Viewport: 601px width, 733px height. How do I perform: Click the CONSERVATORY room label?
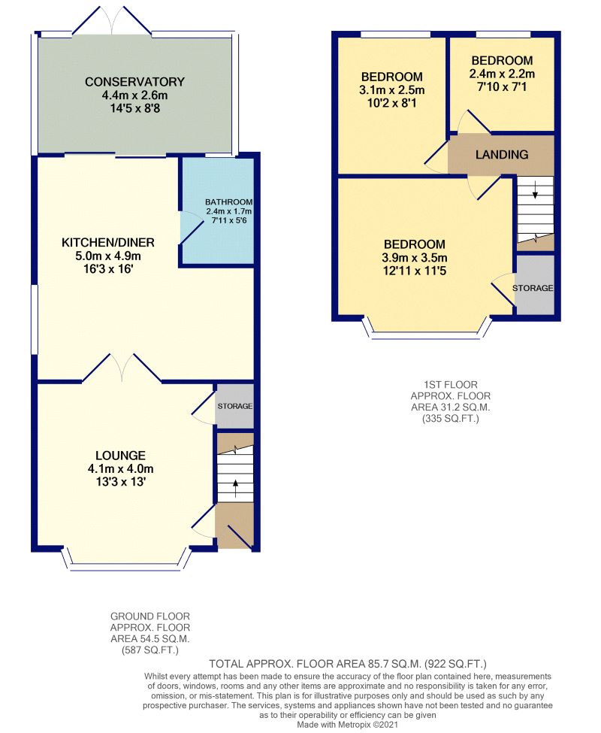tap(134, 82)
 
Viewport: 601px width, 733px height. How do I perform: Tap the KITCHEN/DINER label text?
tap(108, 243)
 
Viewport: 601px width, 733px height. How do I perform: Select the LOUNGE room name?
tap(120, 456)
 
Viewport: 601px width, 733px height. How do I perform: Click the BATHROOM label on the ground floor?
tap(229, 202)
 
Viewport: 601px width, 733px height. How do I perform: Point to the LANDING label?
tap(502, 155)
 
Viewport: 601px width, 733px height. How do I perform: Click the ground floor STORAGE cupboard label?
tap(235, 406)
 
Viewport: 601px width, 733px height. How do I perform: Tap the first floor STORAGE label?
tap(533, 288)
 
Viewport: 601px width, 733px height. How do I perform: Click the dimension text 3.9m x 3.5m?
tap(415, 258)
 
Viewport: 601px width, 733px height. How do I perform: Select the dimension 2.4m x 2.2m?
tap(502, 74)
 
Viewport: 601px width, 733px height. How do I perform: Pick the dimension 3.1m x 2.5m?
tap(392, 89)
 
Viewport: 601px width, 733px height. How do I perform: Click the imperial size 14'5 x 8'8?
tap(134, 108)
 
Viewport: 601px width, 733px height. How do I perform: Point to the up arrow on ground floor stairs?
tap(235, 489)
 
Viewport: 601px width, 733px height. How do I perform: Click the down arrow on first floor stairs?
tap(535, 189)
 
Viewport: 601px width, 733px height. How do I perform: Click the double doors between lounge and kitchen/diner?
tap(122, 369)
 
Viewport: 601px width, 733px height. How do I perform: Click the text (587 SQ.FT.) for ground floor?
tap(150, 650)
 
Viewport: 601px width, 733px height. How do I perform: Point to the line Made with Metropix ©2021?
tap(348, 725)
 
